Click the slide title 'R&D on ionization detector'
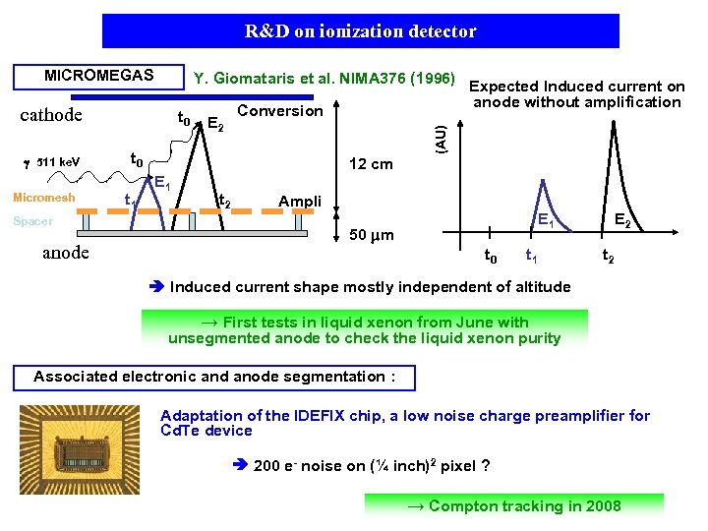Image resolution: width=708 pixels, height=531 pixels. point(361,31)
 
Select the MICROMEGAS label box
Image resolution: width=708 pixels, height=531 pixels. point(98,76)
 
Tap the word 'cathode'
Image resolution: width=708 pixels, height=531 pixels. point(51,115)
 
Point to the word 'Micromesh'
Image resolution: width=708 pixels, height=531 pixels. point(43,198)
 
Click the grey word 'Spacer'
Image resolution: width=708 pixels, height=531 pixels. point(32,221)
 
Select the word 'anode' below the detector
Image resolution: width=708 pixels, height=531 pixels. point(66,253)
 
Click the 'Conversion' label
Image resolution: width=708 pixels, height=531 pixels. point(280,110)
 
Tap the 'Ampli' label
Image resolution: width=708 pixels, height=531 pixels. point(300,202)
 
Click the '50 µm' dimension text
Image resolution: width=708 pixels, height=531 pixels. point(372,235)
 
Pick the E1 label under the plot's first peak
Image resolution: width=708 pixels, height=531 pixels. point(545,222)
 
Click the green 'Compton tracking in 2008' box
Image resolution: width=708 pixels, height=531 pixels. point(513,505)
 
